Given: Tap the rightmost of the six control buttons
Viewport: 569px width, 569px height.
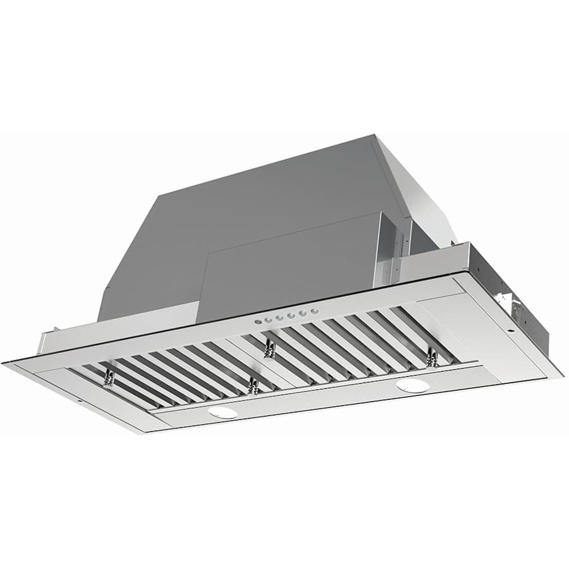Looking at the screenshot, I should (x=312, y=312).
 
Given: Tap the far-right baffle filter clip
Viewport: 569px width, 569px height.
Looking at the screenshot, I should (x=432, y=358).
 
